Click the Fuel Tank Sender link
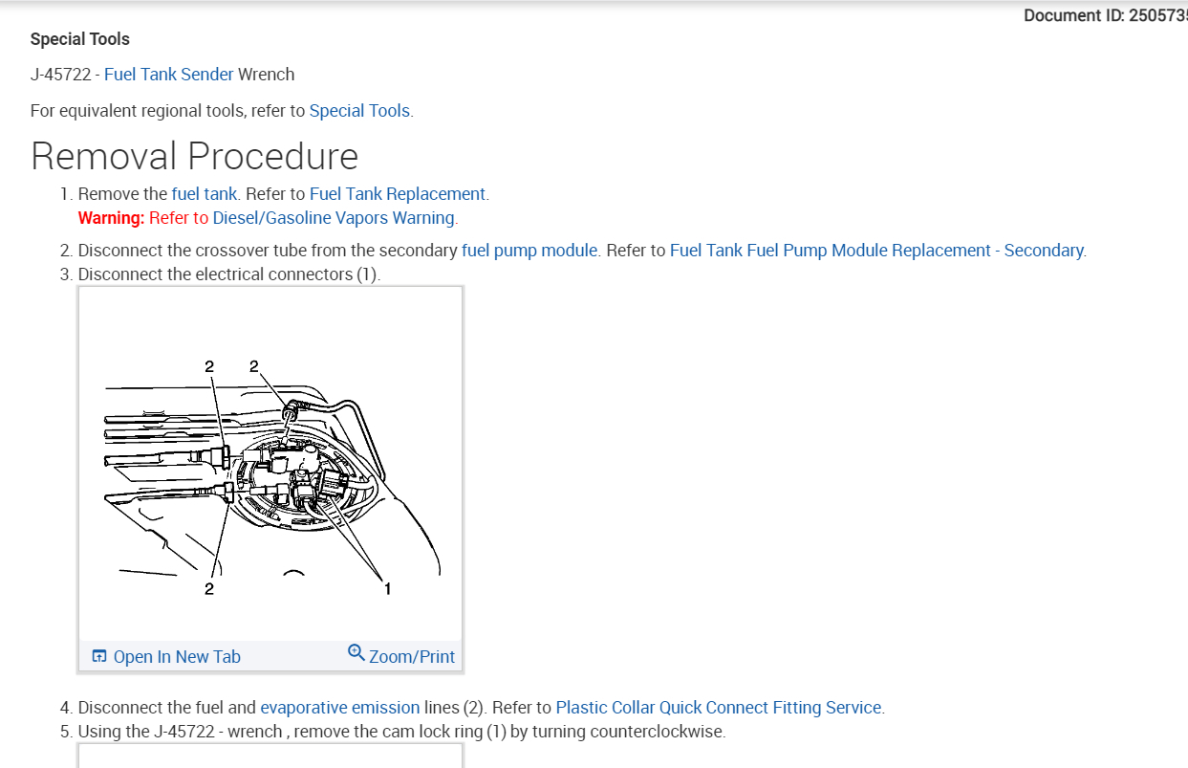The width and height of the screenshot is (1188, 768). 168,75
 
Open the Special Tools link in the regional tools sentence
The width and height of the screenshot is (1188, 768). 359,111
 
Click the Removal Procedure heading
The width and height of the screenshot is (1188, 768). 195,156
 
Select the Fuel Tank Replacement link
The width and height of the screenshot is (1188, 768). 398,194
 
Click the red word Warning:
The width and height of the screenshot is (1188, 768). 111,218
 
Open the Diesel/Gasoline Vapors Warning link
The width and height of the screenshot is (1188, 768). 334,218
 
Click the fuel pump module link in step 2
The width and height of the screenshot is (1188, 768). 529,251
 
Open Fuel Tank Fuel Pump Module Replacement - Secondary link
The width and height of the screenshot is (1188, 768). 876,251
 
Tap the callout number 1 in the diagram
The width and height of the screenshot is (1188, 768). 387,589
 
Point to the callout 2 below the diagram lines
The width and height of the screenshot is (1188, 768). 209,589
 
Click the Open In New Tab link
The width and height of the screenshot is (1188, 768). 177,657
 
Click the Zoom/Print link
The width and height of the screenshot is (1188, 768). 412,657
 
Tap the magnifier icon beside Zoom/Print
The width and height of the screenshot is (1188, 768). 356,653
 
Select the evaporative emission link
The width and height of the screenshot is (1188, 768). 339,708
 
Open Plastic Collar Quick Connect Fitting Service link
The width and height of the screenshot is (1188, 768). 719,708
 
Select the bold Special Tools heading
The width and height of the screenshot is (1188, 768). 80,39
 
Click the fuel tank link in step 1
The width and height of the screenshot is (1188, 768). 204,194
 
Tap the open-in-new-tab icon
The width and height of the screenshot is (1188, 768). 99,656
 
